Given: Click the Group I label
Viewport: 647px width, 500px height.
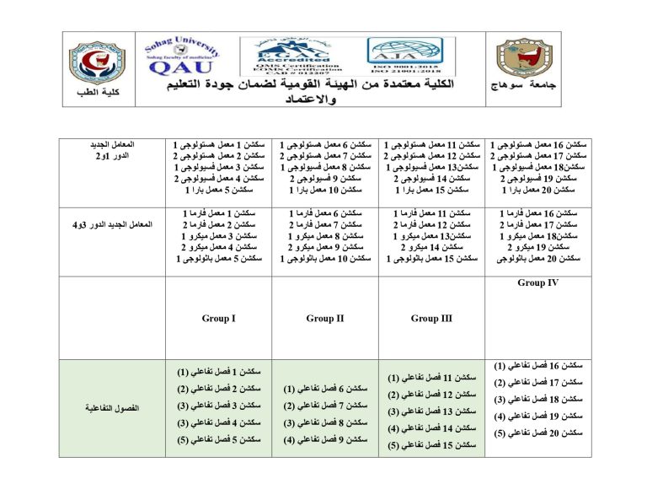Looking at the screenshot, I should (218, 319).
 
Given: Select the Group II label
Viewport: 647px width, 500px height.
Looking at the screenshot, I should (325, 319).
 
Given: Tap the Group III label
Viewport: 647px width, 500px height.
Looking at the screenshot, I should (430, 319).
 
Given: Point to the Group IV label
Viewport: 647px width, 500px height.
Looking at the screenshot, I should (537, 283).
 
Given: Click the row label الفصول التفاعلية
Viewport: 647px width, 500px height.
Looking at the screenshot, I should (113, 408).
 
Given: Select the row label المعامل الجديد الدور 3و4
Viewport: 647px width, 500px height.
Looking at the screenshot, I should (113, 225).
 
